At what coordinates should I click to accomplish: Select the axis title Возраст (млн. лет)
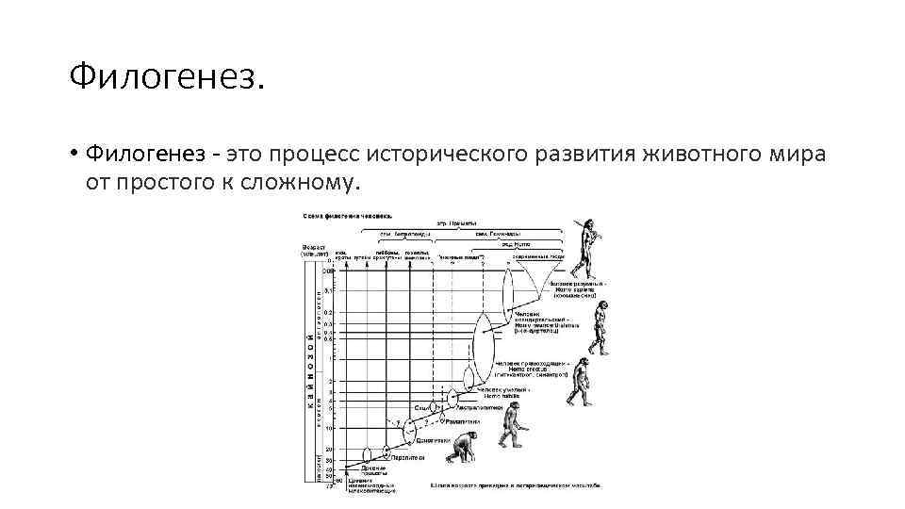[x=313, y=251]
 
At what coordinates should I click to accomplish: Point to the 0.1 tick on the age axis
[x=329, y=290]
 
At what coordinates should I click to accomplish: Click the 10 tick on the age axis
[x=329, y=428]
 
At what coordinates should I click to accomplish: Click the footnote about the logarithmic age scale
[x=514, y=486]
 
